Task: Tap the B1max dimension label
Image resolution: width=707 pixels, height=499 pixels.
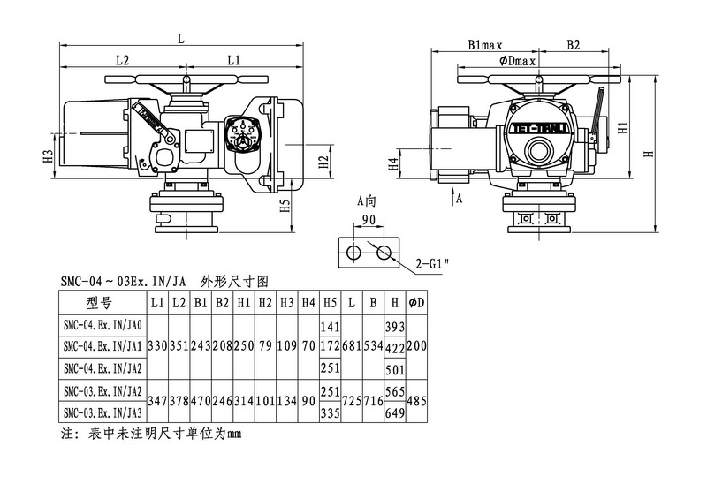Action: (x=485, y=44)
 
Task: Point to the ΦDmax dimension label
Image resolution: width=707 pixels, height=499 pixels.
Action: (x=519, y=61)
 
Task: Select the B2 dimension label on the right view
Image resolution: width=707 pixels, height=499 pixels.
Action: (x=574, y=44)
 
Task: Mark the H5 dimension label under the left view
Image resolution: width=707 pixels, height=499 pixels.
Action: (x=285, y=206)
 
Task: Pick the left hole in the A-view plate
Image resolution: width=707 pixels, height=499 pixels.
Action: (x=353, y=253)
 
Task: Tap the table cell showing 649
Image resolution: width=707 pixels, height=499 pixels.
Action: (x=396, y=412)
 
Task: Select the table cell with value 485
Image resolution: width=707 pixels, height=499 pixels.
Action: (x=417, y=400)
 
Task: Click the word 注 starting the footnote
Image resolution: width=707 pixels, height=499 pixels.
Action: (x=65, y=434)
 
